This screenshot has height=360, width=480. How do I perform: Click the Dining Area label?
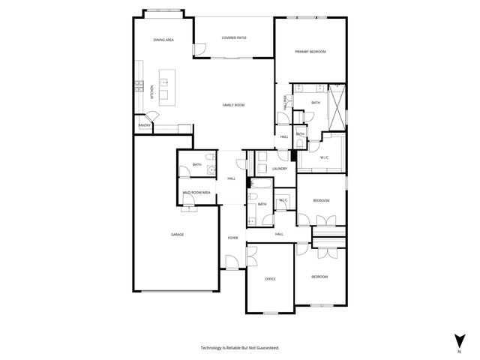tap(163, 40)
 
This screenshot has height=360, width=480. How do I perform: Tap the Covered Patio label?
tap(234, 38)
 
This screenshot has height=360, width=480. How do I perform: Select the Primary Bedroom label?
tap(310, 51)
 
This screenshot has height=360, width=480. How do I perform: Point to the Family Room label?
tap(234, 105)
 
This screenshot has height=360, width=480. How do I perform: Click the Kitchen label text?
tap(151, 93)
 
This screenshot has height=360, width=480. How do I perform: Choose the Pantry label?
tap(144, 125)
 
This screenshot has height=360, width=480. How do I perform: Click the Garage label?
tap(177, 235)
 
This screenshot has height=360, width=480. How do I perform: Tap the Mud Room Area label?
tap(196, 193)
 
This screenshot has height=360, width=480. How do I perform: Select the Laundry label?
tap(280, 169)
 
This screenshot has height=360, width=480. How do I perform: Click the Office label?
tap(270, 279)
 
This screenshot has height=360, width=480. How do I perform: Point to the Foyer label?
tap(233, 238)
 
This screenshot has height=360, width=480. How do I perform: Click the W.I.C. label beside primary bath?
tap(325, 157)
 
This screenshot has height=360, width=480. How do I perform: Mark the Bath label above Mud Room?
tap(196, 165)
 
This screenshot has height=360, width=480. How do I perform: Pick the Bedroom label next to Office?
tap(319, 277)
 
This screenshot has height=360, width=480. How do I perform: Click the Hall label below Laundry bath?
tap(279, 234)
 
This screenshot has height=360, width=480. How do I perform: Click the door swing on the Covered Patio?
tap(200, 49)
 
